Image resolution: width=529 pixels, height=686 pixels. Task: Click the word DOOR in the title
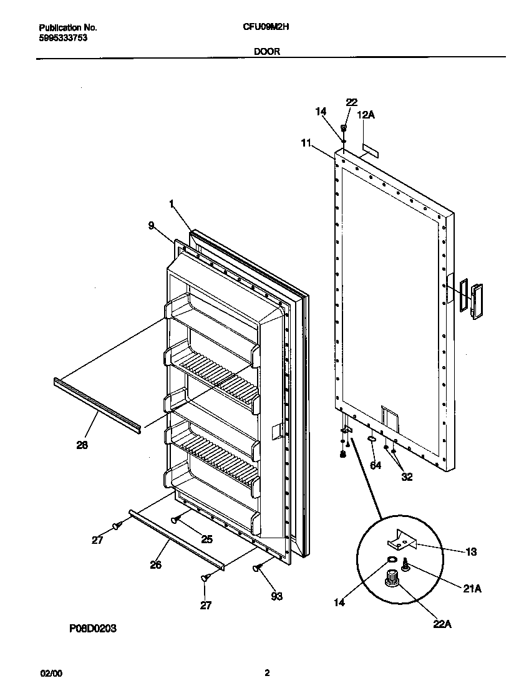click(x=266, y=52)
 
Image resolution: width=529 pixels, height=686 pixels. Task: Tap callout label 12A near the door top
click(x=366, y=115)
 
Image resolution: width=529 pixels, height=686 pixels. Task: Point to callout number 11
click(x=306, y=143)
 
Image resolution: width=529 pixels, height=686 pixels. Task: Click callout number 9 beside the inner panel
click(x=151, y=226)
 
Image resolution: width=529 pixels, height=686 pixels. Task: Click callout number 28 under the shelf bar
click(x=82, y=445)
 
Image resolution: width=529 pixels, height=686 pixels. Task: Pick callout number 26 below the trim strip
click(x=156, y=564)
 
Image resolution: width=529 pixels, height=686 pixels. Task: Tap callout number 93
click(x=276, y=596)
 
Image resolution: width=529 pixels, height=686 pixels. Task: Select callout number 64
click(x=375, y=465)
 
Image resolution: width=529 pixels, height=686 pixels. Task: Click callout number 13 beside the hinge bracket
click(x=470, y=551)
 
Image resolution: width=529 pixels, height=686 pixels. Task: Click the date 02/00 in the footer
click(x=51, y=674)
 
